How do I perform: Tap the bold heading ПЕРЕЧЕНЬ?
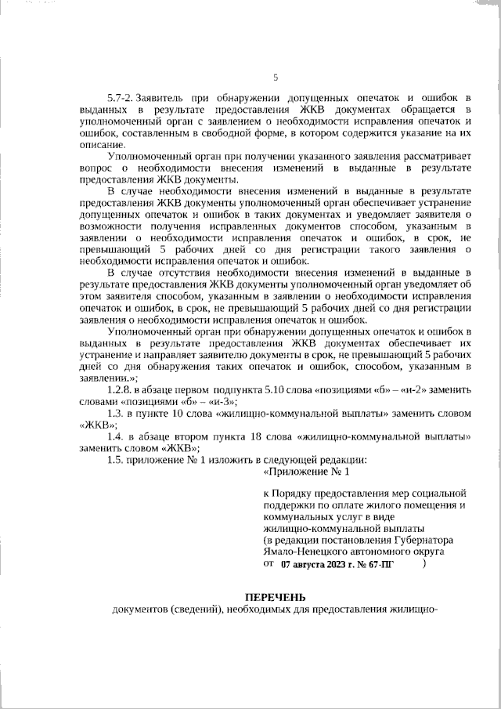pyautogui.click(x=274, y=598)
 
